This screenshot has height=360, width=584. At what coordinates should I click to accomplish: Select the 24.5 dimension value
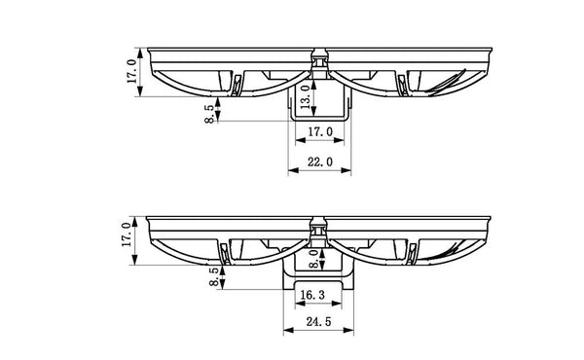coord(317,320)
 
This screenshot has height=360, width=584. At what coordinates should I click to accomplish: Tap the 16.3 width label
coord(314,293)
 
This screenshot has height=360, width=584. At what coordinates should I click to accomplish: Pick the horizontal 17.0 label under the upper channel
coord(320,132)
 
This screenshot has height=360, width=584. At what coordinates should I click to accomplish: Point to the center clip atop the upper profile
coord(320,57)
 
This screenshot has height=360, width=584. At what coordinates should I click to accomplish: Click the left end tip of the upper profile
coord(144,51)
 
